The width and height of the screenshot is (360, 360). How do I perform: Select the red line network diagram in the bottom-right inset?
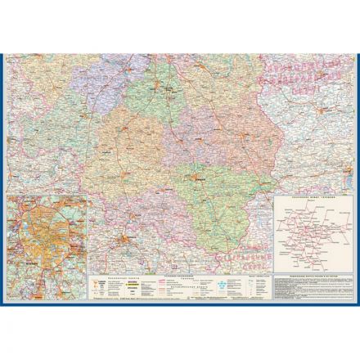click(312, 229)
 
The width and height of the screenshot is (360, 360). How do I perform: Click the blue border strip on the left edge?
click(2, 180)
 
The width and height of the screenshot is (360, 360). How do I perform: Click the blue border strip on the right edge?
click(357, 180)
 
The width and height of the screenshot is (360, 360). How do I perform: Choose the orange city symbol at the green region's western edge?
click(193, 173)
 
